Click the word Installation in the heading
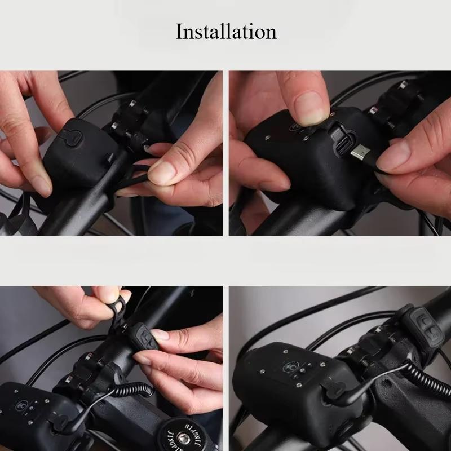(226, 32)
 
